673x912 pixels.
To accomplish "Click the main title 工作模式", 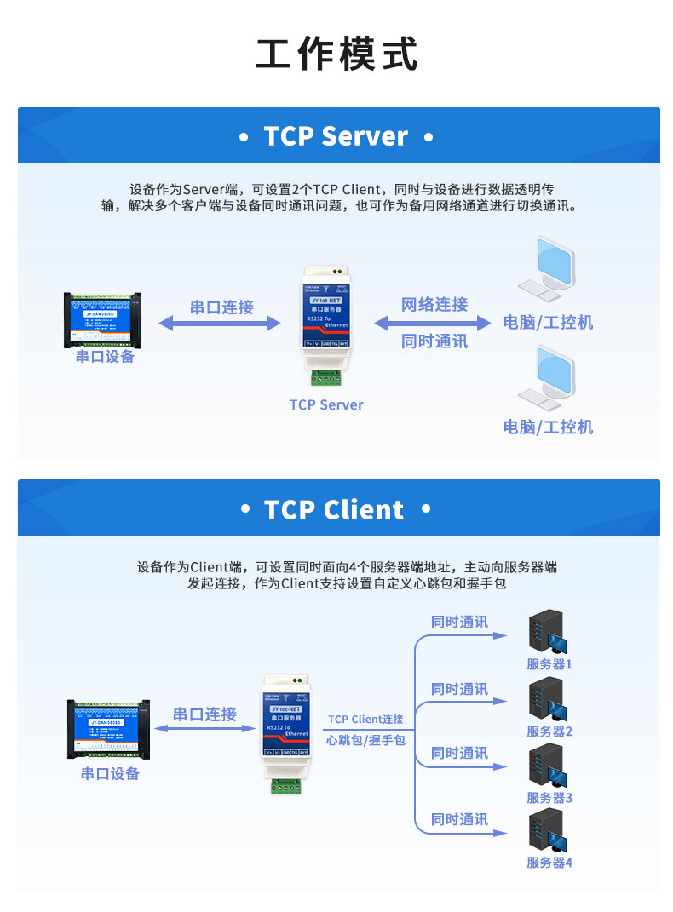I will (x=336, y=54).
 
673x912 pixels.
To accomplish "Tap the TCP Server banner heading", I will (x=336, y=136).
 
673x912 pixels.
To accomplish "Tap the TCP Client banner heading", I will (x=336, y=509).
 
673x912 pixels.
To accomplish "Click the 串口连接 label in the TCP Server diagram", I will (x=221, y=307).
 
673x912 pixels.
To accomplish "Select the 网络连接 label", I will (x=434, y=304).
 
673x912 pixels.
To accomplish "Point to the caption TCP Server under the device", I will (x=326, y=404).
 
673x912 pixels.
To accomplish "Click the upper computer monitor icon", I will (x=549, y=268).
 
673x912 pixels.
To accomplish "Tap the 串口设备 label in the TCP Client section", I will (x=110, y=773).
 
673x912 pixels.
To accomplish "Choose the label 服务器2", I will (x=549, y=731).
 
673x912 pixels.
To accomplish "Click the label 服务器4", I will (x=549, y=862).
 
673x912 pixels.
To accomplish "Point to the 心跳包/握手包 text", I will (x=365, y=740).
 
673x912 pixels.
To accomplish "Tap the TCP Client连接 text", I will (x=365, y=720).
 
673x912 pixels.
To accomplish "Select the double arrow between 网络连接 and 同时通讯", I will (x=434, y=324).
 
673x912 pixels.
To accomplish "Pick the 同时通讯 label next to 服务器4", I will (x=459, y=819).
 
